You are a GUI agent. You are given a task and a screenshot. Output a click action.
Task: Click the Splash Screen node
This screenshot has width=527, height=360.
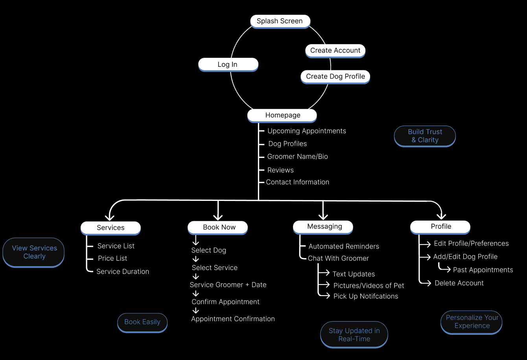pyautogui.click(x=280, y=21)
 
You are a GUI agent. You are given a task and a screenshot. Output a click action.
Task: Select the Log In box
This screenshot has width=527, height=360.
pyautogui.click(x=228, y=64)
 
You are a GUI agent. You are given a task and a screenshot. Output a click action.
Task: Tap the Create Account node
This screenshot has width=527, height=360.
pyautogui.click(x=335, y=51)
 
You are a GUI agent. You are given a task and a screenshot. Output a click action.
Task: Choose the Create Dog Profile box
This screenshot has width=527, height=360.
pyautogui.click(x=335, y=77)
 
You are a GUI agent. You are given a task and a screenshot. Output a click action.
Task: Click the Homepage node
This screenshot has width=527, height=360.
pyautogui.click(x=282, y=115)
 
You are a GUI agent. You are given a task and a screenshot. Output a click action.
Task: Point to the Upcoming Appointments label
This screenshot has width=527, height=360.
pyautogui.click(x=307, y=131)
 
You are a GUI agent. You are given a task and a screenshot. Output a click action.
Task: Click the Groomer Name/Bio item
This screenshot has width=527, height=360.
pyautogui.click(x=297, y=157)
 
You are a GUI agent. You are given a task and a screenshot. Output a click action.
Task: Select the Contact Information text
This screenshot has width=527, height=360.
pyautogui.click(x=297, y=182)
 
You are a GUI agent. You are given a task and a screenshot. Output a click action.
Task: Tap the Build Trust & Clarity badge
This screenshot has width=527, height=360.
pyautogui.click(x=425, y=136)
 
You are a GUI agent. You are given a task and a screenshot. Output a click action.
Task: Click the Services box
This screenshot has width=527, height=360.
pyautogui.click(x=111, y=228)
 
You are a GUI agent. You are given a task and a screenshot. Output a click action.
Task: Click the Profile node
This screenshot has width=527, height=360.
pyautogui.click(x=440, y=227)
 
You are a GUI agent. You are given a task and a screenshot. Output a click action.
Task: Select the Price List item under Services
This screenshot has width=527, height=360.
pyautogui.click(x=112, y=259)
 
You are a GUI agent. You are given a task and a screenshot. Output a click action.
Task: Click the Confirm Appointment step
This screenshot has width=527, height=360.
pyautogui.click(x=225, y=302)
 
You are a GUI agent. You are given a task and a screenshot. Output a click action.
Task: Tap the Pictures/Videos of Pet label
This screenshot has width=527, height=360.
pyautogui.click(x=369, y=286)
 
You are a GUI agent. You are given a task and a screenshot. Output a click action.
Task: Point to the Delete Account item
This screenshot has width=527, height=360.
pyautogui.click(x=459, y=283)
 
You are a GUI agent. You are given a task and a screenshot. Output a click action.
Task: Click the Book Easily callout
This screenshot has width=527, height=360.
pyautogui.click(x=142, y=322)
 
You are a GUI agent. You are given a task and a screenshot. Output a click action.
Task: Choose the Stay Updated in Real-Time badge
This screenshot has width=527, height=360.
pyautogui.click(x=354, y=335)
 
